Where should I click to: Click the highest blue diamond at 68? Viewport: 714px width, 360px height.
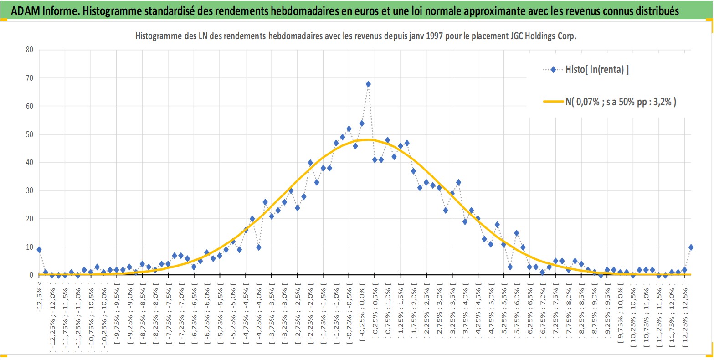(x=368, y=84)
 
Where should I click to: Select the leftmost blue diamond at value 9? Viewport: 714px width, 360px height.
(x=39, y=250)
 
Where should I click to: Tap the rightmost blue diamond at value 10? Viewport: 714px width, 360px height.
(x=691, y=247)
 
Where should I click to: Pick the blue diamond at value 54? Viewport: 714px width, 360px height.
(x=362, y=123)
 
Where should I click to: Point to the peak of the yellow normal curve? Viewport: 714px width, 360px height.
(x=368, y=139)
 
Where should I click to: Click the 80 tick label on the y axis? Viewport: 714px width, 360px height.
(x=30, y=50)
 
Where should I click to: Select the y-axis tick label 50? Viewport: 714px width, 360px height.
(x=30, y=134)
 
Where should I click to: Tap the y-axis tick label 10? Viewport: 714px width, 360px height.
(x=30, y=247)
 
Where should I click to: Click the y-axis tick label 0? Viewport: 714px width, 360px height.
(x=31, y=275)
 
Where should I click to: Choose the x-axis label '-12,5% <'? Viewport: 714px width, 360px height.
(x=39, y=297)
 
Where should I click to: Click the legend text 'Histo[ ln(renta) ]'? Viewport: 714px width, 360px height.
(x=597, y=70)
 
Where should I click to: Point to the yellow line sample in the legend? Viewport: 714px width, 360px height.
(x=553, y=102)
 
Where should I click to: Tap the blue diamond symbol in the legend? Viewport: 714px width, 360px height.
(x=553, y=70)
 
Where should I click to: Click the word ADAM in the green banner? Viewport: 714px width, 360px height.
(x=26, y=11)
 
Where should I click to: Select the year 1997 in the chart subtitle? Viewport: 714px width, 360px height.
(x=434, y=36)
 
